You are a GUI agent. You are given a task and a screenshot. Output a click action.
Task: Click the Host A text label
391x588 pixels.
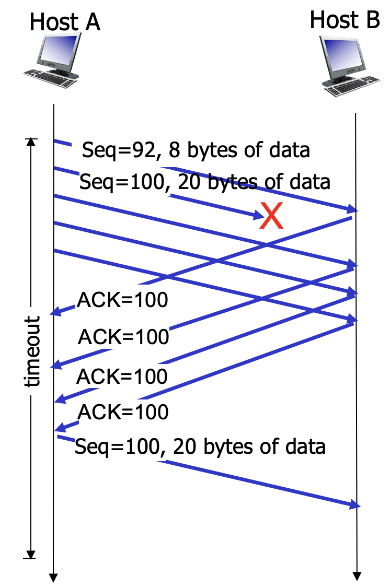tap(64, 22)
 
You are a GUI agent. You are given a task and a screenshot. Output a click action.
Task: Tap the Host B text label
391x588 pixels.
tap(344, 20)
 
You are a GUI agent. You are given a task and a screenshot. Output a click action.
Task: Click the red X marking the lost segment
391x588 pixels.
tap(272, 216)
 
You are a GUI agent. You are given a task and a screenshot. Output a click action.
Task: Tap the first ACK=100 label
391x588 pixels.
tap(122, 301)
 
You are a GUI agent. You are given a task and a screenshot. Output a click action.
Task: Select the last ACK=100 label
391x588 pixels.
tap(123, 413)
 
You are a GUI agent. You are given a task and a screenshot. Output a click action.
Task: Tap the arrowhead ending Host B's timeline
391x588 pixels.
tap(356, 577)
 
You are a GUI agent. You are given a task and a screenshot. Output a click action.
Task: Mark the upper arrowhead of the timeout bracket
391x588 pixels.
tap(31, 142)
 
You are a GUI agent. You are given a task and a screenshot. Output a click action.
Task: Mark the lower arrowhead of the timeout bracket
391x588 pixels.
tap(31, 555)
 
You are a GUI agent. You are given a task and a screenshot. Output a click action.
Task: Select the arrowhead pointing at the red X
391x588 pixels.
tap(257, 215)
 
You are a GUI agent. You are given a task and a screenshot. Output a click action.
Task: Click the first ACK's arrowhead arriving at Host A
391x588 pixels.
tap(54, 313)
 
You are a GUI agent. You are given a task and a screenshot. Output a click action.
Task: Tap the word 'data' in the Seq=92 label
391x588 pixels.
tap(290, 150)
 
